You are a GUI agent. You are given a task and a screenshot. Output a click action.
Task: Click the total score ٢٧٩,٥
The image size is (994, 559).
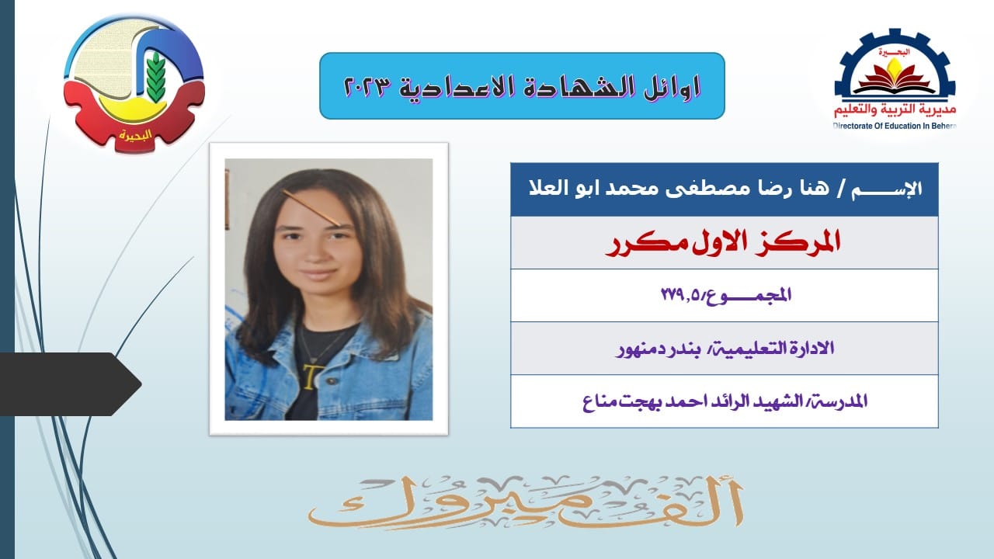click(683, 294)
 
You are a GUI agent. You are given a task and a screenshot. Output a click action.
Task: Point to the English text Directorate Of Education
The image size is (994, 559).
click(876, 126)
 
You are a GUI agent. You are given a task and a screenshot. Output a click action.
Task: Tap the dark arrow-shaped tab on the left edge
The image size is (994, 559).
click(70, 384)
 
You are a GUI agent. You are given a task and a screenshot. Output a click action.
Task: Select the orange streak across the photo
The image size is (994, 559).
click(311, 207)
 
